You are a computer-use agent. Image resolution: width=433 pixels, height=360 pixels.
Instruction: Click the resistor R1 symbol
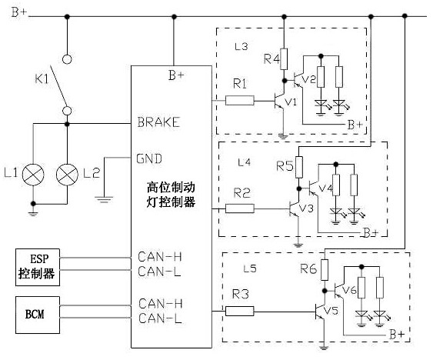coord(240,100)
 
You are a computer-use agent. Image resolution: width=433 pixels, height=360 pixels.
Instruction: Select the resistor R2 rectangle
coord(240,208)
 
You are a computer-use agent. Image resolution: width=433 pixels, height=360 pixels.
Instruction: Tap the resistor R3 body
coord(240,311)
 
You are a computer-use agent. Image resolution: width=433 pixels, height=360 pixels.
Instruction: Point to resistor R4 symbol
coord(284,59)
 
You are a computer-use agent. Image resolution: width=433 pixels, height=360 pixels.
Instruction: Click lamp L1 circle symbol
coord(33,175)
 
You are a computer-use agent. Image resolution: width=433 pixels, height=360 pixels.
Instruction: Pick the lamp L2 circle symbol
coord(67,175)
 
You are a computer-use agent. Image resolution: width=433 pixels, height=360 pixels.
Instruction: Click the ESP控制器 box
coord(38,267)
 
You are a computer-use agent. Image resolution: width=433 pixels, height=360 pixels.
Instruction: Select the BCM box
coord(38,315)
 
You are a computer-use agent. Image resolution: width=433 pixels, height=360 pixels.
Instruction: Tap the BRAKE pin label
coord(158,122)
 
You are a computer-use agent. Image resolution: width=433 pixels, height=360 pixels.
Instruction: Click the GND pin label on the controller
coord(149,158)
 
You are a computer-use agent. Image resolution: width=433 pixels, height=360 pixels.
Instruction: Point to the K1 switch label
coord(42,79)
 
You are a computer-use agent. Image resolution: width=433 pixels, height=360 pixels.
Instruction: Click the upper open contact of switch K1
coord(67,59)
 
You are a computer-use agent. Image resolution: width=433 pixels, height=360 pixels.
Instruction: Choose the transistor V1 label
coord(291,102)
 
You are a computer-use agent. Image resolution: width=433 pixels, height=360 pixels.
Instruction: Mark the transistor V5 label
coord(331,311)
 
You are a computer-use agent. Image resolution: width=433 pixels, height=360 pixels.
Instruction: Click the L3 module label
coord(241,46)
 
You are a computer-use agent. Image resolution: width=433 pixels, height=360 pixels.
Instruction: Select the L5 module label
coord(250,268)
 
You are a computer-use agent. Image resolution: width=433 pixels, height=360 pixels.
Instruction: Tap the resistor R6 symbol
coord(325,270)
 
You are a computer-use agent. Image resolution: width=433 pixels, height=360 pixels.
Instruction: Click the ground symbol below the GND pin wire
coord(104,199)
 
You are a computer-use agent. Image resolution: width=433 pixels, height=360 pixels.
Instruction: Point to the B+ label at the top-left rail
coord(19,12)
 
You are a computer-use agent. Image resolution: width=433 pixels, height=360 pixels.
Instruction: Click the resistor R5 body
coord(298,167)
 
